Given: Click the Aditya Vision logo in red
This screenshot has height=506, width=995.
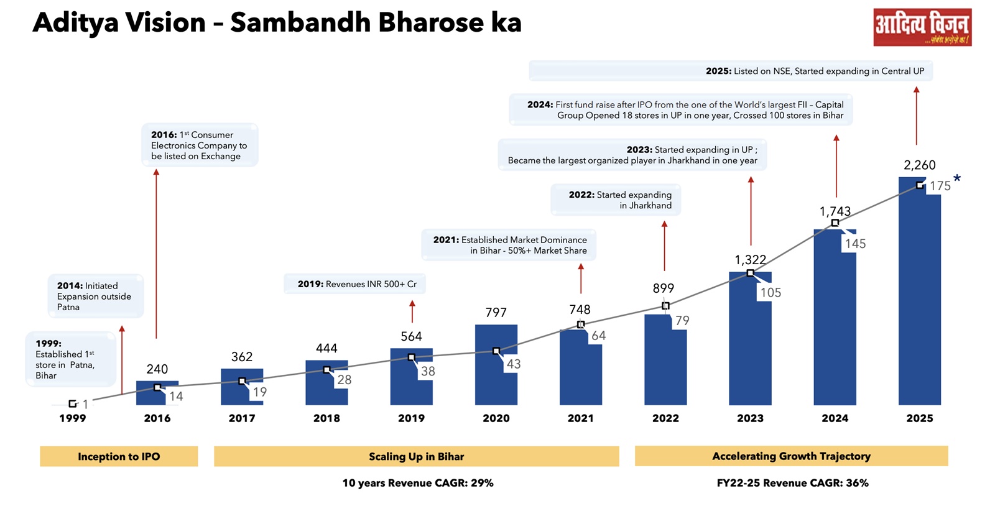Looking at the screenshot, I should tap(922, 27).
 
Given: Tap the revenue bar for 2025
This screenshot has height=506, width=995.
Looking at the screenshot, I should tap(919, 298).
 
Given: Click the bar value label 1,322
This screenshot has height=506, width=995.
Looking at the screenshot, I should tap(750, 260).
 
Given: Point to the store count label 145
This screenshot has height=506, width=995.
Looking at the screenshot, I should tap(855, 244).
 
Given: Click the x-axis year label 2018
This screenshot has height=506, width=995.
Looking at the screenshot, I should tap(326, 418).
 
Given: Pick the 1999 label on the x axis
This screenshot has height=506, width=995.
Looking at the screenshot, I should tap(72, 418).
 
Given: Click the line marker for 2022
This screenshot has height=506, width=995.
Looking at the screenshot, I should tap(665, 306).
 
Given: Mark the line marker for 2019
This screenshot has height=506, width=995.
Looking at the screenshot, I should tap(411, 357).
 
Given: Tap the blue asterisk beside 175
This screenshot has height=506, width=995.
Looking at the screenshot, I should tap(957, 179).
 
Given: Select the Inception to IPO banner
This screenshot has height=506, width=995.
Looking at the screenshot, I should tap(119, 456).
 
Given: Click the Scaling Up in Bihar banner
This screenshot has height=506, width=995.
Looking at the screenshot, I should tap(416, 456).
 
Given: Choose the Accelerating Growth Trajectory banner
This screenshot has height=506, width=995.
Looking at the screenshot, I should tap(791, 456).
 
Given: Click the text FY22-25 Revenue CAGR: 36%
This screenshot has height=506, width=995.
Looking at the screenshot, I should tap(792, 483).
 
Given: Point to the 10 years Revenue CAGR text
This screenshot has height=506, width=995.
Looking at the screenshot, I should tap(417, 483).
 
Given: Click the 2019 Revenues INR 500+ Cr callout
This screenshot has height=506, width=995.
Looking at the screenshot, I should tap(355, 284).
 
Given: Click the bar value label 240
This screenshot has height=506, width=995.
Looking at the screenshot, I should tap(157, 369).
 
